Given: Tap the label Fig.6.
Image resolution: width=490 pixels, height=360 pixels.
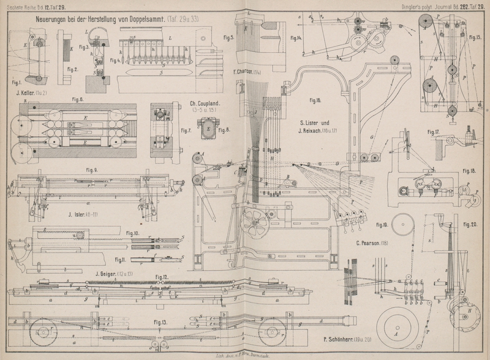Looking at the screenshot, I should point(77,99).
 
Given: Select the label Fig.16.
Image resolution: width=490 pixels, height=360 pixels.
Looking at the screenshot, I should point(315,100).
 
